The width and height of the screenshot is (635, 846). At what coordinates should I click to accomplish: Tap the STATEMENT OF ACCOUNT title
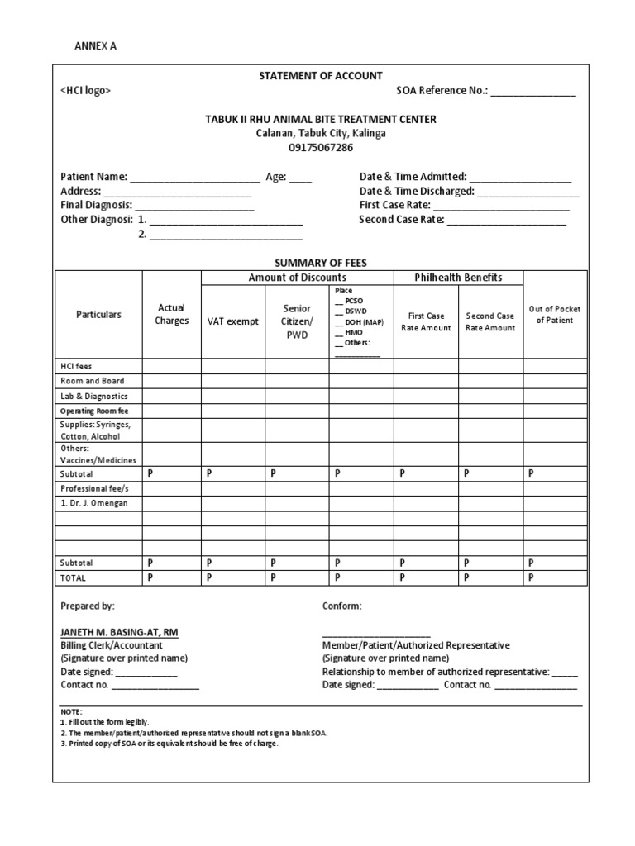[321, 76]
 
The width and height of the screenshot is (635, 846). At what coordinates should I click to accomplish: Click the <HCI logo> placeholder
[85, 91]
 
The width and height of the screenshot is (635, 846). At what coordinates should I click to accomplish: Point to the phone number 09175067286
[321, 147]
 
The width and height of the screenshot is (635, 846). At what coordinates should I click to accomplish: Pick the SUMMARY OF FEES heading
[321, 263]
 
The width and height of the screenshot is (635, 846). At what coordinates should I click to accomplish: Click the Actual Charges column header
[172, 314]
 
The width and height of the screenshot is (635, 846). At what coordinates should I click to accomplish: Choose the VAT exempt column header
[232, 321]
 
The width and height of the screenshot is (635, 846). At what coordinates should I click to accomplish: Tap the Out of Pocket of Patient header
[555, 315]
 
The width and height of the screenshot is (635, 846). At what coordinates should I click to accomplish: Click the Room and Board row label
[92, 381]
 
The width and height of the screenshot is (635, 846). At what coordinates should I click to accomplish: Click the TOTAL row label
[73, 578]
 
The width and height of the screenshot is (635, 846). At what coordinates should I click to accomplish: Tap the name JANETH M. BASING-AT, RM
[119, 632]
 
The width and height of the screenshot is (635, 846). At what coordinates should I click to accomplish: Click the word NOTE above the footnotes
[72, 711]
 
